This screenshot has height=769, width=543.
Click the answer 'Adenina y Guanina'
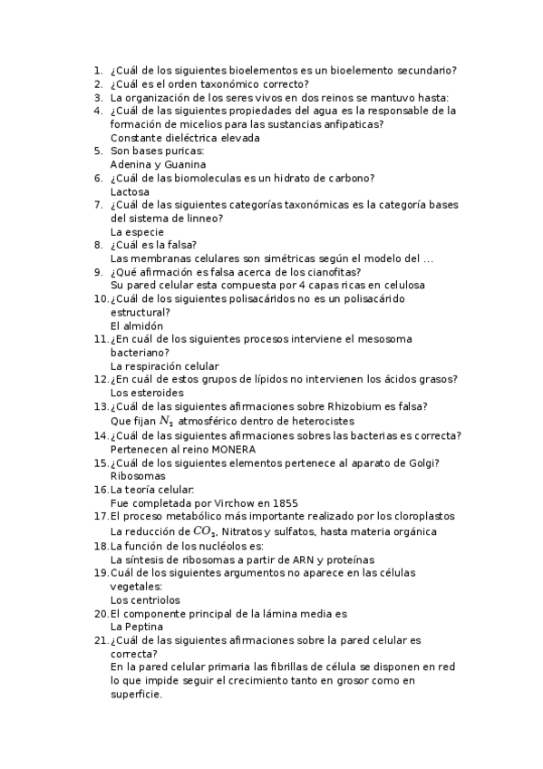[158, 165]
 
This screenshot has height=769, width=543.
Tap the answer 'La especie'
[137, 232]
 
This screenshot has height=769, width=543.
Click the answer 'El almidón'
[137, 326]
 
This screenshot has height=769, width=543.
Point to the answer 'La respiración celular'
[164, 366]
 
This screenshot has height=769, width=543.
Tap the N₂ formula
[166, 421]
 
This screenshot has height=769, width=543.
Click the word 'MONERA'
[235, 449]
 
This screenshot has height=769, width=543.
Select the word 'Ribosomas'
[138, 475]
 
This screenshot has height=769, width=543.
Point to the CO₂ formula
[206, 531]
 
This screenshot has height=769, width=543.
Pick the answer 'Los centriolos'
[145, 599]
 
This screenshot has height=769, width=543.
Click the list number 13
[101, 407]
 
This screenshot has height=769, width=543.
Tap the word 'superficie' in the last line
[135, 695]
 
